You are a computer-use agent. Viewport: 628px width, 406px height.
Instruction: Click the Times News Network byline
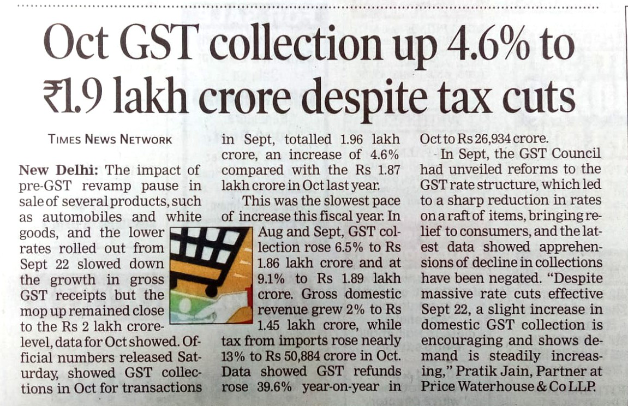110,139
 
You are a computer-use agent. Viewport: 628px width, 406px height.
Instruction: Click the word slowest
326,201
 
